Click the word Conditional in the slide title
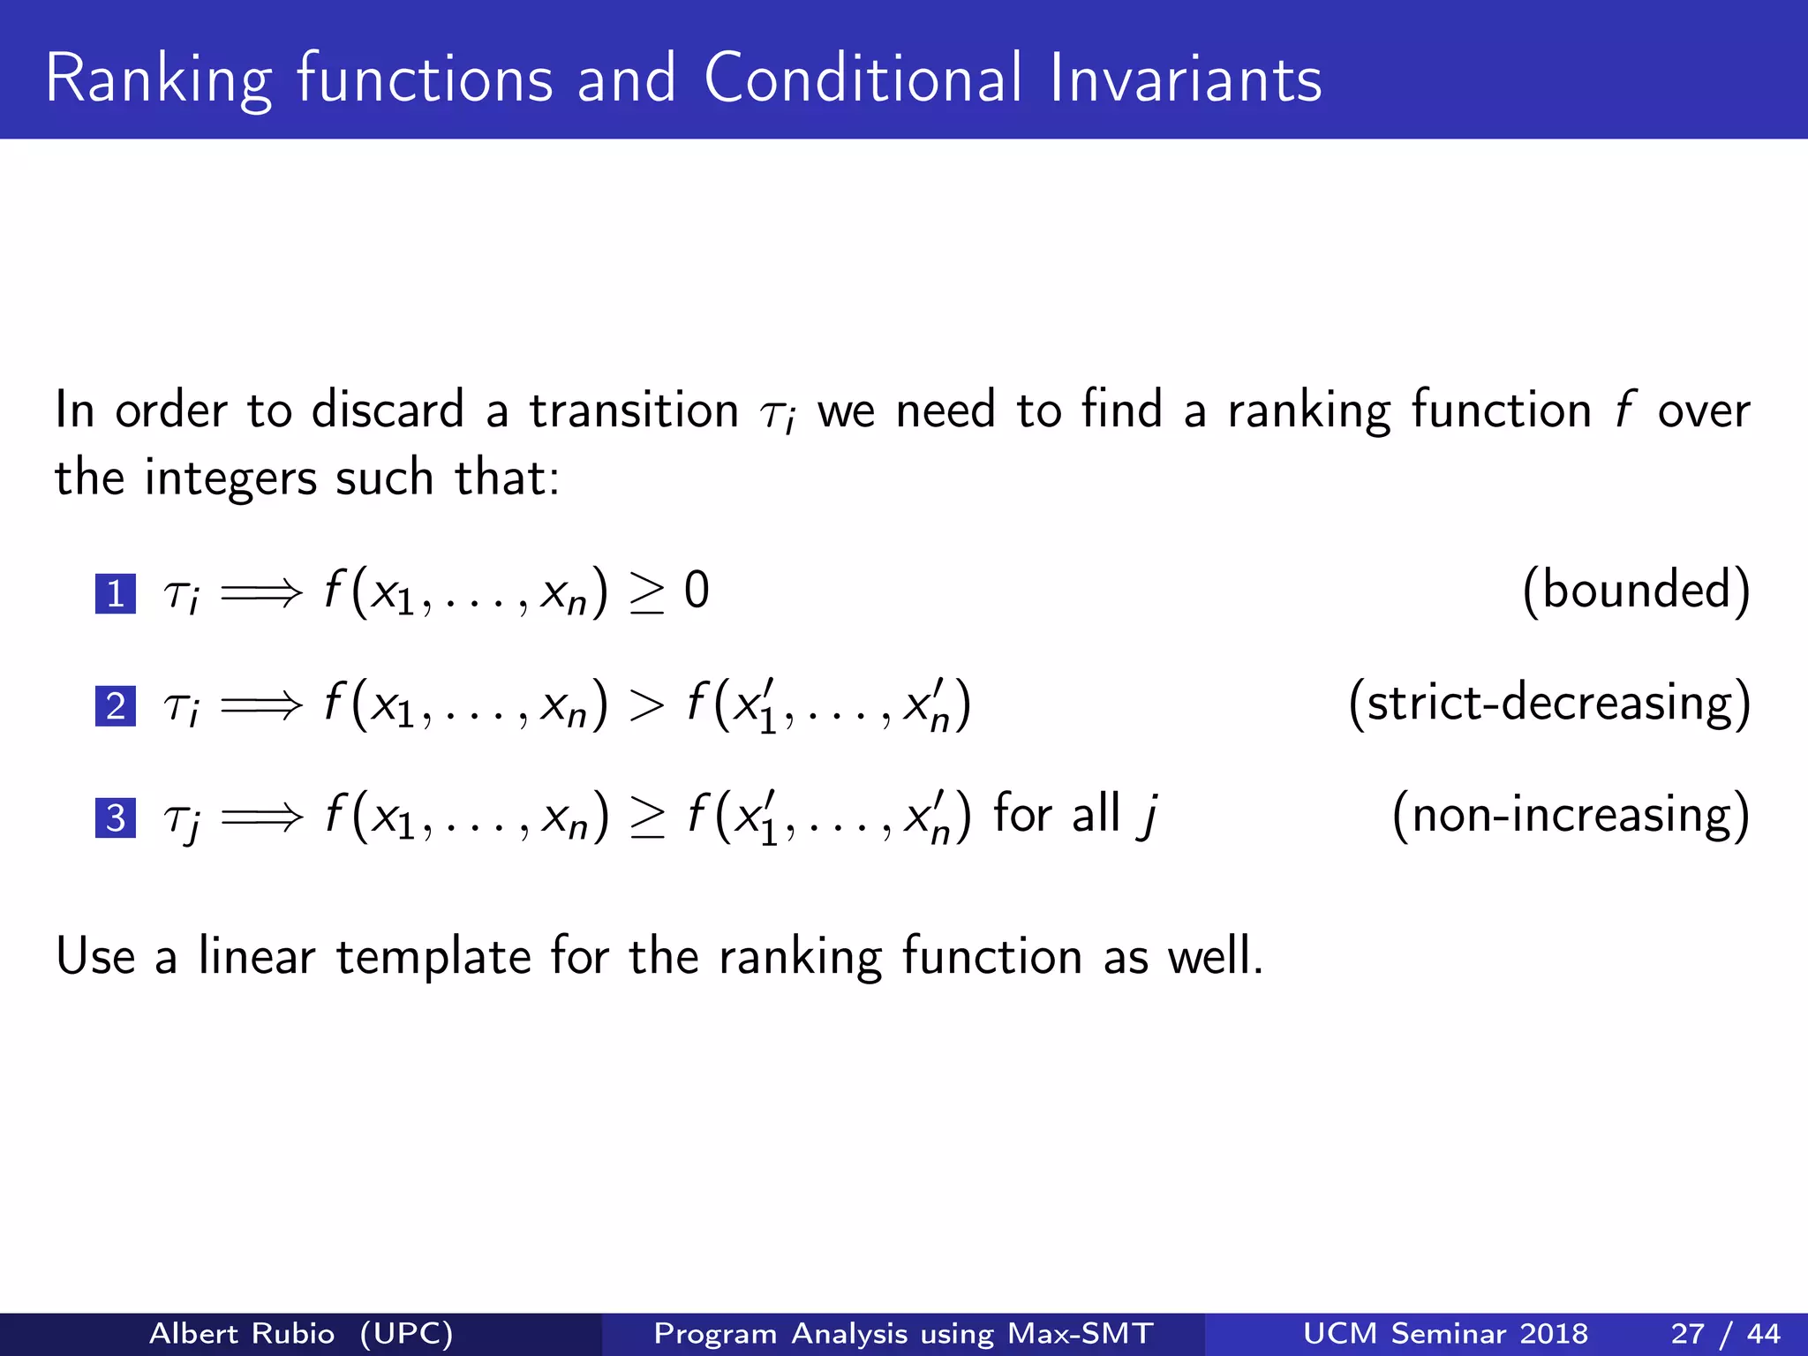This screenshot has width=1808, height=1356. (863, 79)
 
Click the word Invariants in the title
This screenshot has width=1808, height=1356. (1186, 79)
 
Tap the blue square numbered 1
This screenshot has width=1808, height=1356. (116, 593)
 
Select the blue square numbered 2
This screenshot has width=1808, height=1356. (116, 706)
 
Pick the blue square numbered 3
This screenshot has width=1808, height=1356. (116, 817)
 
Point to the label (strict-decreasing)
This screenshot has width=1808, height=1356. (1549, 703)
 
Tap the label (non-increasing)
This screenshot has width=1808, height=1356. (1571, 814)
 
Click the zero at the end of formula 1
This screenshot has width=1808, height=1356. (697, 591)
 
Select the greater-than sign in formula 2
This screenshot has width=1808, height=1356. (646, 705)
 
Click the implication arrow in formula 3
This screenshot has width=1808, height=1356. (261, 817)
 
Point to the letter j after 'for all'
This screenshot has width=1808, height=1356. (1148, 816)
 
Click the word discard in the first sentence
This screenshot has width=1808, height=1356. (388, 411)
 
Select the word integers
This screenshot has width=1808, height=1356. (230, 479)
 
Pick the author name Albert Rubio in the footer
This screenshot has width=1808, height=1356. (242, 1333)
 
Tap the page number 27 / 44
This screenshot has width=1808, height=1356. (1725, 1333)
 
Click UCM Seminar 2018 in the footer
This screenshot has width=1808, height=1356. (1445, 1333)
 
